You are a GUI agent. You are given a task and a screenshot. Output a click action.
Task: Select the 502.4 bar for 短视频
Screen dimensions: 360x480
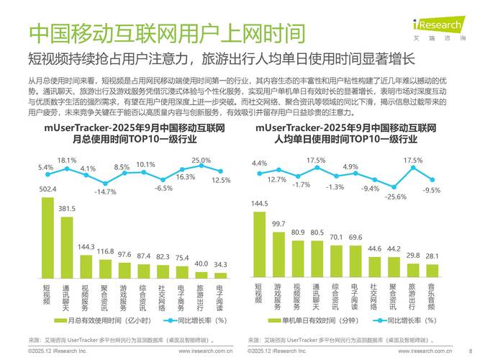pyautogui.click(x=47, y=237)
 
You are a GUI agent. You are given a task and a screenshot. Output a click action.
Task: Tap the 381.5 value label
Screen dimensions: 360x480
pyautogui.click(x=67, y=210)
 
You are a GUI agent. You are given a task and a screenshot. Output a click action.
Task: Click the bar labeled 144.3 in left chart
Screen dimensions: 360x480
pyautogui.click(x=86, y=266)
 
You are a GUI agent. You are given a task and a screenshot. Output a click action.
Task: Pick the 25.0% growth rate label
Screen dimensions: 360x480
pyautogui.click(x=201, y=160)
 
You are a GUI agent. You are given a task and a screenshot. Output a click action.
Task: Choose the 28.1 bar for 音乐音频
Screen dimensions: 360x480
pyautogui.click(x=432, y=271)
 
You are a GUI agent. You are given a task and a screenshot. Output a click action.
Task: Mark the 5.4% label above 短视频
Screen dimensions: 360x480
pyautogui.click(x=45, y=167)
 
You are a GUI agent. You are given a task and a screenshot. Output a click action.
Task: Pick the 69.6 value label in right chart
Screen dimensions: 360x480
pyautogui.click(x=355, y=237)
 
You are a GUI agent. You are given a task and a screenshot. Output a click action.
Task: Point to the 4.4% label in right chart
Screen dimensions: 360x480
pyautogui.click(x=259, y=163)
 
